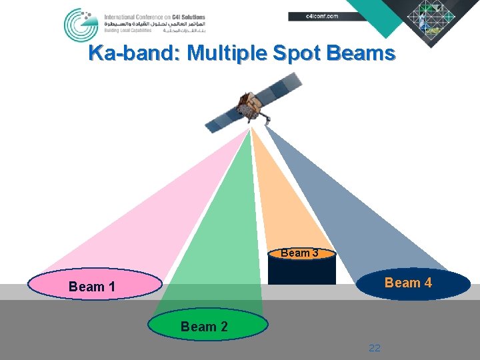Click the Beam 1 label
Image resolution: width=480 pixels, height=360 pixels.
92,287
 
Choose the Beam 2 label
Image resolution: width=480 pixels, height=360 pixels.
204,327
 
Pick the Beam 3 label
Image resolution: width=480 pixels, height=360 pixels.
299,253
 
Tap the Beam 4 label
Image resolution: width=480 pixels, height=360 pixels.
408,283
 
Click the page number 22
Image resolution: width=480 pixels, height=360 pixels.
375,348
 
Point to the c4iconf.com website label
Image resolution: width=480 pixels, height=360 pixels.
321,16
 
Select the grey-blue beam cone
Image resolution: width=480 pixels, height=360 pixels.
360,213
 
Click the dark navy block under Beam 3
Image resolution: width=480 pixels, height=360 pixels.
301,272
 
